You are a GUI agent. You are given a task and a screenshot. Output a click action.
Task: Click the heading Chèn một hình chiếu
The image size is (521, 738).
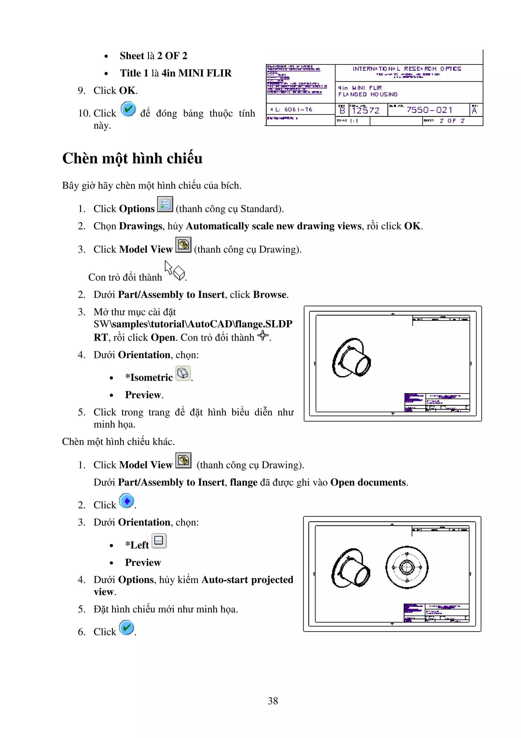tap(132, 158)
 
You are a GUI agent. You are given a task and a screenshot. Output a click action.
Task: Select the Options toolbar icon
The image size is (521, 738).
tap(165, 204)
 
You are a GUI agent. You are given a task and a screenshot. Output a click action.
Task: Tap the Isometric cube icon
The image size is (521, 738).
tap(183, 374)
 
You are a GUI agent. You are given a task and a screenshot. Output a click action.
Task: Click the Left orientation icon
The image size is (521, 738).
tap(159, 541)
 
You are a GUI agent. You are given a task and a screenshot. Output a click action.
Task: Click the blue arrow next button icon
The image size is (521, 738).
tap(126, 501)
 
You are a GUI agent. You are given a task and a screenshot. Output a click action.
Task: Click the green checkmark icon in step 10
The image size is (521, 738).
tap(128, 109)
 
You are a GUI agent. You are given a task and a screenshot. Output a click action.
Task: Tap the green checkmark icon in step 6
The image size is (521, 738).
tap(126, 627)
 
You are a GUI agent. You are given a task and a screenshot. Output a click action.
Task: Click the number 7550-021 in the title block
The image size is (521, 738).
tap(429, 110)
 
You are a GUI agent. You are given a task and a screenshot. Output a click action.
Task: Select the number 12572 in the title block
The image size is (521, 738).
tap(365, 111)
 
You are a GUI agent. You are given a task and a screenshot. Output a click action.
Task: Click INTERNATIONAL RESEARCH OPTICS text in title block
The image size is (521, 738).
tap(407, 69)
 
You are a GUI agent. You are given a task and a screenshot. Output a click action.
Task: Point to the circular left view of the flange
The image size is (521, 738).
tap(407, 567)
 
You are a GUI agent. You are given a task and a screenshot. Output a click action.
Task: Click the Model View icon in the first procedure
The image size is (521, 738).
tap(183, 245)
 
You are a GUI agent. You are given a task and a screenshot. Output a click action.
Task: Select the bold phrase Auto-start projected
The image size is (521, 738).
tap(247, 580)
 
